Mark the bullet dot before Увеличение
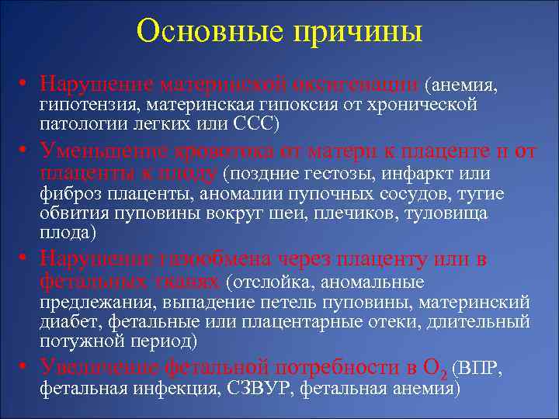(26, 367)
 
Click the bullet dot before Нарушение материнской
(26, 82)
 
